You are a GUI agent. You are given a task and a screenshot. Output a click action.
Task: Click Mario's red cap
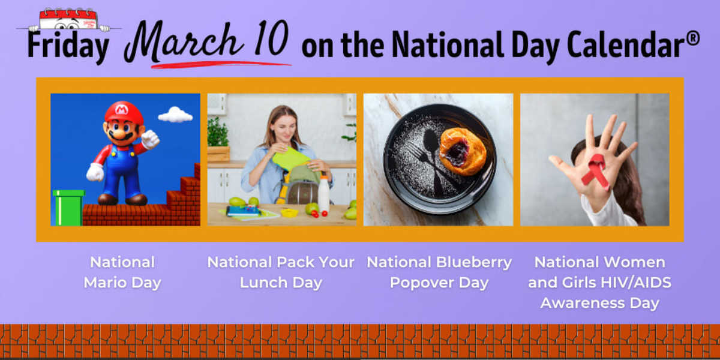click(x=124, y=112)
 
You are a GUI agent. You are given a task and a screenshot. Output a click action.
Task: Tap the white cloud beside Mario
click(x=175, y=115)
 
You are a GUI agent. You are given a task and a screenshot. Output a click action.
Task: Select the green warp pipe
click(x=68, y=207)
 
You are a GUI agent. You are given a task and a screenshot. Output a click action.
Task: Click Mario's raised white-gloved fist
click(x=150, y=139)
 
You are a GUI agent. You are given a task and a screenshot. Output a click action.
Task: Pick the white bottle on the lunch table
click(x=324, y=194)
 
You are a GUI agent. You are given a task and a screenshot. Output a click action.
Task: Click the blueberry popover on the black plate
click(x=463, y=151)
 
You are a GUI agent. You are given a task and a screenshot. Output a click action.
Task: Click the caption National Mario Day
click(x=122, y=272)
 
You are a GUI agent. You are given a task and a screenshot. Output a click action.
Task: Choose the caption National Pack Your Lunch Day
click(x=281, y=272)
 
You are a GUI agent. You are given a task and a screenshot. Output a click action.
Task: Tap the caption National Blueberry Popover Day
click(x=439, y=272)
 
